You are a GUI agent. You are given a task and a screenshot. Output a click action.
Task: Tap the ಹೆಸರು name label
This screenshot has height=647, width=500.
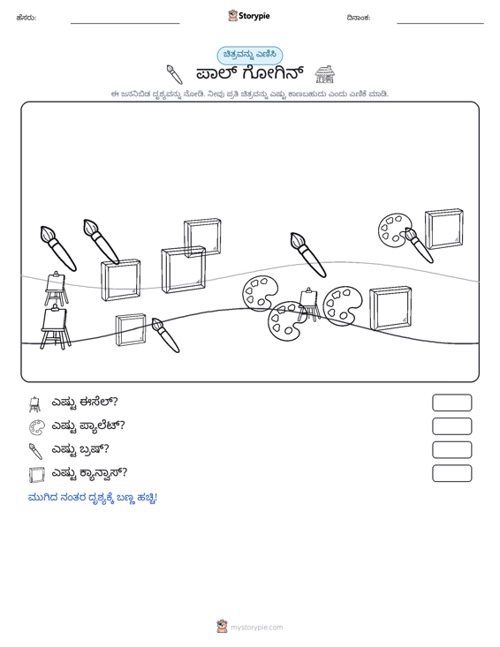(x=27, y=18)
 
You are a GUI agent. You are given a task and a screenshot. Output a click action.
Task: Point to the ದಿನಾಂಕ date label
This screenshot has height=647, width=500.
(x=359, y=18)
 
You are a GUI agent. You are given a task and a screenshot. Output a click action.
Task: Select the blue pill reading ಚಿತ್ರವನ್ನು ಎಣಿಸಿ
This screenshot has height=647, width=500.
(x=250, y=56)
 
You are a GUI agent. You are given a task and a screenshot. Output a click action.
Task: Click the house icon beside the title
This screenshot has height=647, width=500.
(x=324, y=74)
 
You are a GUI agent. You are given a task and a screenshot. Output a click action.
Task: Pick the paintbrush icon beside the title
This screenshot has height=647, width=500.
(x=174, y=74)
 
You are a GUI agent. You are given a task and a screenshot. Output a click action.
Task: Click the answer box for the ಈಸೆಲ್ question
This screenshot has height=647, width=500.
(x=451, y=402)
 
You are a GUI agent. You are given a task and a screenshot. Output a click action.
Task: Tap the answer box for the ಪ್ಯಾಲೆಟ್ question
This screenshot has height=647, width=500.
(x=451, y=426)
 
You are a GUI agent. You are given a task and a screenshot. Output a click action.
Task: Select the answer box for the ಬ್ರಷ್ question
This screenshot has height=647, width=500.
(x=451, y=450)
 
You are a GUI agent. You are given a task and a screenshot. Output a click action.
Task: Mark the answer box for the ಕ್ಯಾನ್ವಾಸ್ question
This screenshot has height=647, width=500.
(x=451, y=473)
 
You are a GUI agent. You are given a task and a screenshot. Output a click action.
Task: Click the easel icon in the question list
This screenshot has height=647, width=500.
(x=35, y=404)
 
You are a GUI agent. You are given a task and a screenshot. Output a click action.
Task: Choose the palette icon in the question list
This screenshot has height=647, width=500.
(x=36, y=427)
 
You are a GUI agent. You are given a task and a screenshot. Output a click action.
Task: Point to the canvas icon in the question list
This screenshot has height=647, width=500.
(x=36, y=475)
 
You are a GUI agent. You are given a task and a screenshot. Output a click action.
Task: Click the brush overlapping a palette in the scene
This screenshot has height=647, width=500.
(x=418, y=245)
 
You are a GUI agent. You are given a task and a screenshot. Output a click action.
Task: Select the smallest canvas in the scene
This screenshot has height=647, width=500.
(x=131, y=330)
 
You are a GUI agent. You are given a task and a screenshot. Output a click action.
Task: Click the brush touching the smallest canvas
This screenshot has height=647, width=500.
(x=165, y=335)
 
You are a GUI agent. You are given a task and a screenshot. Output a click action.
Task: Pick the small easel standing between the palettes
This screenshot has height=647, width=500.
(x=309, y=305)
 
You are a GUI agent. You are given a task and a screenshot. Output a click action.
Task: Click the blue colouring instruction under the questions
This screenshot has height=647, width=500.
(x=93, y=498)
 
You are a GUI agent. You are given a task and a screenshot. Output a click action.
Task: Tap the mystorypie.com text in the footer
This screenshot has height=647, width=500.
(x=256, y=628)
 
